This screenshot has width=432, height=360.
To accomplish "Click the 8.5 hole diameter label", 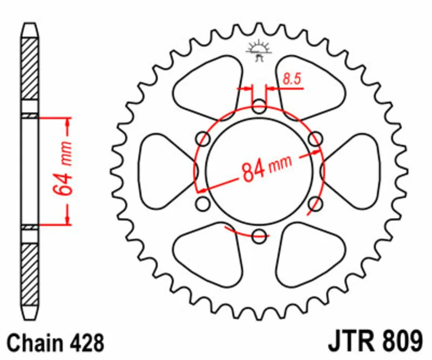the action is pyautogui.click(x=292, y=78).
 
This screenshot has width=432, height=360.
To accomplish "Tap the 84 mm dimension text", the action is pyautogui.click(x=266, y=169).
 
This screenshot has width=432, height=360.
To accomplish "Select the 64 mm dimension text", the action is pyautogui.click(x=63, y=168).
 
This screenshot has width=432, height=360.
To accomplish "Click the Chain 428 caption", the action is pyautogui.click(x=56, y=343).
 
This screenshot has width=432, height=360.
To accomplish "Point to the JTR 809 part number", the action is pyautogui.click(x=375, y=341).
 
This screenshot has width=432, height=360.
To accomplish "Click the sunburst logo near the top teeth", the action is pyautogui.click(x=259, y=50).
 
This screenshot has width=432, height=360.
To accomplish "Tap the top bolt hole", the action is pyautogui.click(x=259, y=106).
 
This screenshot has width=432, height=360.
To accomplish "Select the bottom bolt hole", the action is pyautogui.click(x=259, y=236).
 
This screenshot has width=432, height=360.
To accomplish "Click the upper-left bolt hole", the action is pyautogui.click(x=203, y=139).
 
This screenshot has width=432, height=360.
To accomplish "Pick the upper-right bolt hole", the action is pyautogui.click(x=315, y=139).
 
